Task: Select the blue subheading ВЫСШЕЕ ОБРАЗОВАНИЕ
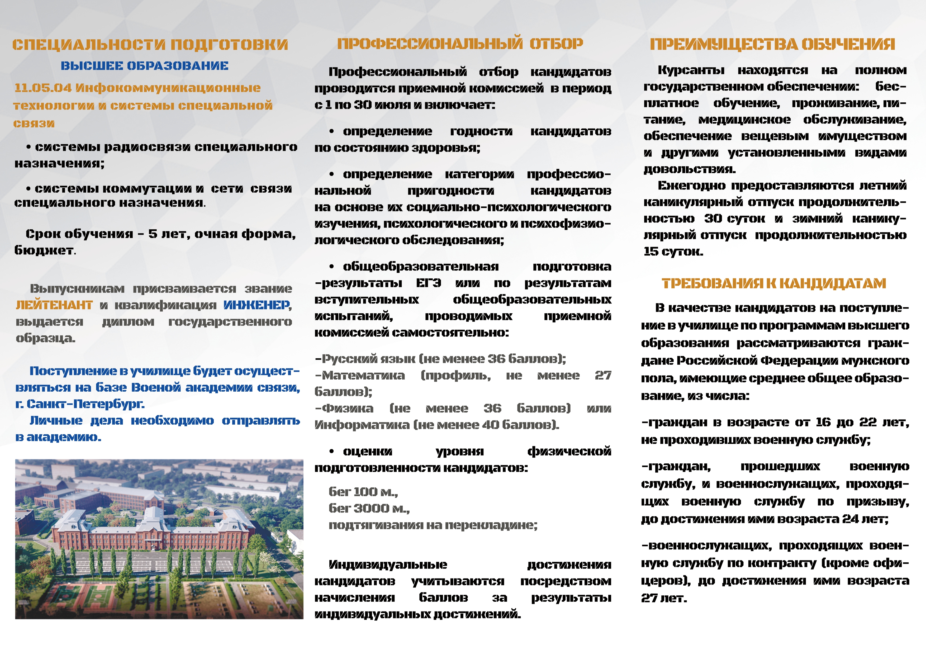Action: [144, 66]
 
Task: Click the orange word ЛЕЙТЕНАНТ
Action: [54, 305]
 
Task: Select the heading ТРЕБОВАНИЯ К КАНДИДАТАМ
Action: [773, 283]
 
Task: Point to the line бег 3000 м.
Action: [369, 509]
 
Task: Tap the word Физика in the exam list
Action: [348, 409]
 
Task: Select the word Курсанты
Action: [691, 70]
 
